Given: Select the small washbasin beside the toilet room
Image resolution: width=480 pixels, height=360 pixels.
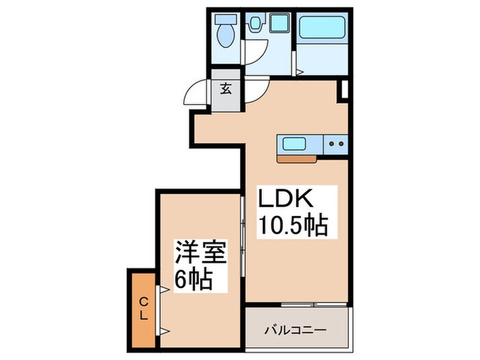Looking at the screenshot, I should (255, 24).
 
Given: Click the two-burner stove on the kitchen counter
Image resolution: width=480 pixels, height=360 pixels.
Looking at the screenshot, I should (336, 144).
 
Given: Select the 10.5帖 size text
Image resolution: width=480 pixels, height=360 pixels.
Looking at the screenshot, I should (291, 224).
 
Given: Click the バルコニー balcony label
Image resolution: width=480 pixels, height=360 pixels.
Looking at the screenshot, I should (296, 330).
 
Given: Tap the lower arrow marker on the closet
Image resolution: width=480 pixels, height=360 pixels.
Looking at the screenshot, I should (163, 331).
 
